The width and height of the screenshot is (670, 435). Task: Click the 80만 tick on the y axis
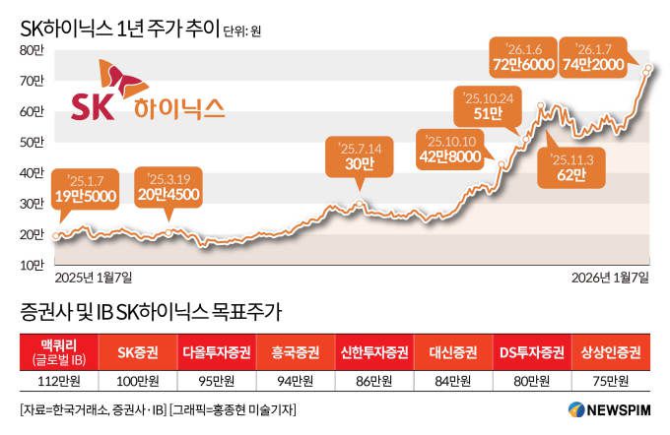coord(31,49)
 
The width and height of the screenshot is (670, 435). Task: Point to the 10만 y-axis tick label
coord(31,265)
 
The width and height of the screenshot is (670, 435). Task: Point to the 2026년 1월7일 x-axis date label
coord(611,279)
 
